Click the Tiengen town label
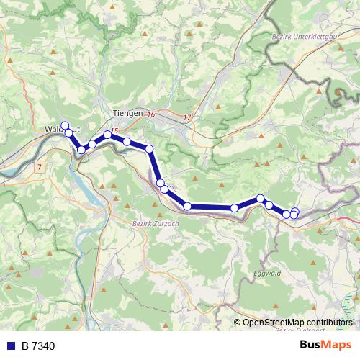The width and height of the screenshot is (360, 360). point(128,113)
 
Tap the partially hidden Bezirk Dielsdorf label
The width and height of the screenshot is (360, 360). point(295,330)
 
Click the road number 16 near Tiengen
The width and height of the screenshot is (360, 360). point(151,114)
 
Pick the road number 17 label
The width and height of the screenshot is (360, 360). point(187,117)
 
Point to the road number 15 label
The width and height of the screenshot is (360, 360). point(114,130)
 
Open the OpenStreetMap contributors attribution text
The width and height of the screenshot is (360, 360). point(297,323)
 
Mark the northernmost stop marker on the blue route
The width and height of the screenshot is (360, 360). point(65,125)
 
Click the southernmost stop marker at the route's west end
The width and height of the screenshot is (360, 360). point(82,149)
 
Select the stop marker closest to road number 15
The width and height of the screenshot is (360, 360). point(108,135)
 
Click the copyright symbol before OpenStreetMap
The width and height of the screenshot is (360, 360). point(238,323)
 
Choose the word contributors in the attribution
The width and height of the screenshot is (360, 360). point(329,323)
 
